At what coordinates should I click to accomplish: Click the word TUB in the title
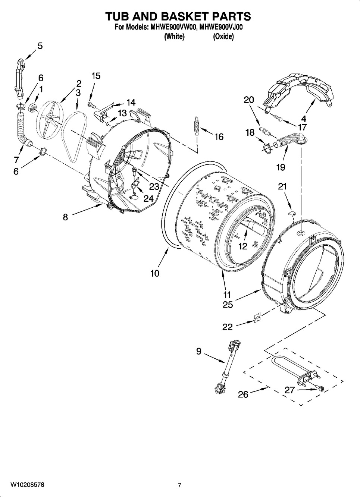pyautogui.click(x=119, y=16)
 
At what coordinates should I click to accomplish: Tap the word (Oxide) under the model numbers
pyautogui.click(x=223, y=37)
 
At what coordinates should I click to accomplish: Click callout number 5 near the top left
pyautogui.click(x=40, y=46)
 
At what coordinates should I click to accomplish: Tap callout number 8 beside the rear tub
pyautogui.click(x=65, y=217)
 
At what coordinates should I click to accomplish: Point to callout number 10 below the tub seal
pyautogui.click(x=155, y=273)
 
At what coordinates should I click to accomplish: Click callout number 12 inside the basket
pyautogui.click(x=243, y=246)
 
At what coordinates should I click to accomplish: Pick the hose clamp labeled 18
pyautogui.click(x=267, y=146)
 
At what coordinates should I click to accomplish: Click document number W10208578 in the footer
pyautogui.click(x=27, y=485)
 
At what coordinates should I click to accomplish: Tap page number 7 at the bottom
pyautogui.click(x=179, y=485)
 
